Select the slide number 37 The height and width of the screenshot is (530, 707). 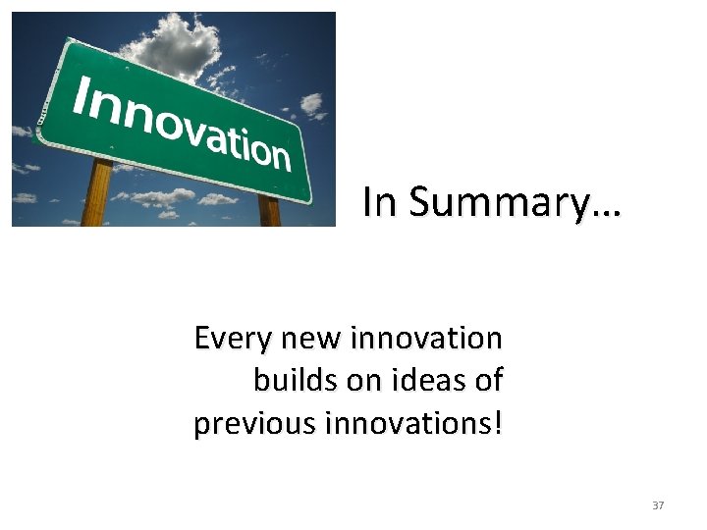658,505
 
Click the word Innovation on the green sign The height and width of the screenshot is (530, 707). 183,123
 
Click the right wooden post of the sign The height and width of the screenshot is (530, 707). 269,209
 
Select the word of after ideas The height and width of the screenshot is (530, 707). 486,381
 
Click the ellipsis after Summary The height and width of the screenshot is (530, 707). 606,212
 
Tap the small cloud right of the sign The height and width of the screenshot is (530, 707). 311,103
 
